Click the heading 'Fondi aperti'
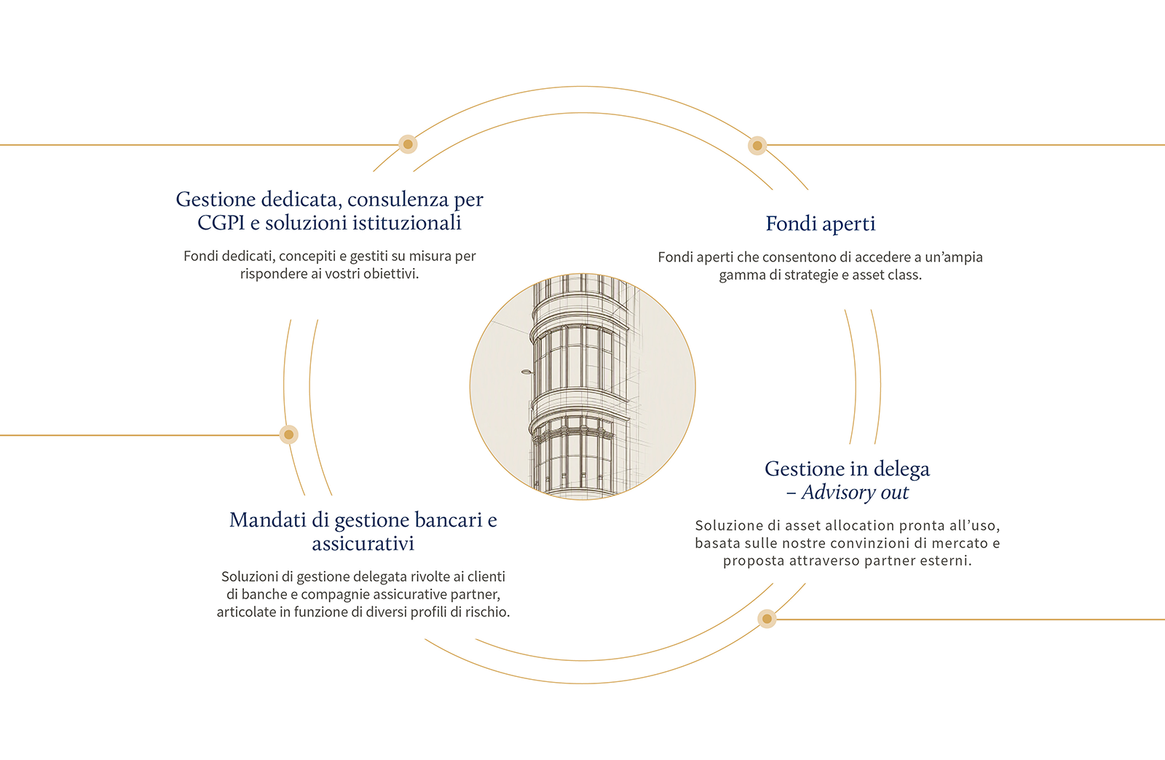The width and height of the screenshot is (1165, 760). pos(820,224)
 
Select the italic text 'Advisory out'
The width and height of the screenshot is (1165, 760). pos(855,493)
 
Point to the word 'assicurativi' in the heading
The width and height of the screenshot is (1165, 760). pos(363,544)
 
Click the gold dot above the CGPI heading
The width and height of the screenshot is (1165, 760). pos(408,144)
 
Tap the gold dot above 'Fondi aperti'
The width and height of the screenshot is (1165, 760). pos(757,145)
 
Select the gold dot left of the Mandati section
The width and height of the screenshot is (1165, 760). pos(288,435)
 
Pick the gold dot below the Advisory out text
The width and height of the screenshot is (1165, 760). pos(767,619)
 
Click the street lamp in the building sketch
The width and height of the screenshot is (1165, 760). pos(527,372)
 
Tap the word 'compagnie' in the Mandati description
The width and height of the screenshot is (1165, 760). pos(335,595)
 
